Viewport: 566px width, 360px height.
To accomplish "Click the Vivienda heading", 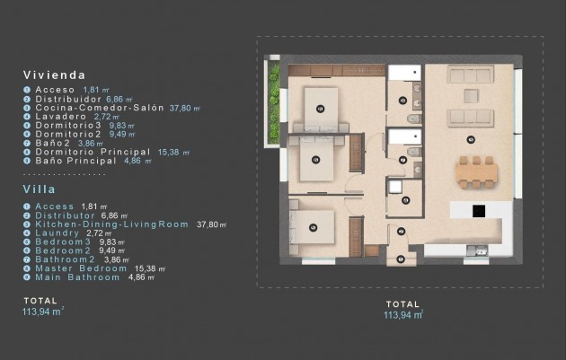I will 56,75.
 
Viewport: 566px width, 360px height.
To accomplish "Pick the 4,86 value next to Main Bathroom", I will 136,278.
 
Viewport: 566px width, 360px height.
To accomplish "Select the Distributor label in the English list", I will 66,216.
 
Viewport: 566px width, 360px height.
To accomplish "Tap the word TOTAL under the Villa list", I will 40,300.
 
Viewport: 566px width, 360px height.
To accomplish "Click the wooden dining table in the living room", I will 475,172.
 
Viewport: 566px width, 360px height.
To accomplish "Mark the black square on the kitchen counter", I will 479,211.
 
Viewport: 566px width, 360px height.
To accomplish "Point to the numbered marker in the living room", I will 471,138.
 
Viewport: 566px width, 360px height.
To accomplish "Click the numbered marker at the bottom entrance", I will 401,259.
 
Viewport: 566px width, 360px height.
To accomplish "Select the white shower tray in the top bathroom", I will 403,76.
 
